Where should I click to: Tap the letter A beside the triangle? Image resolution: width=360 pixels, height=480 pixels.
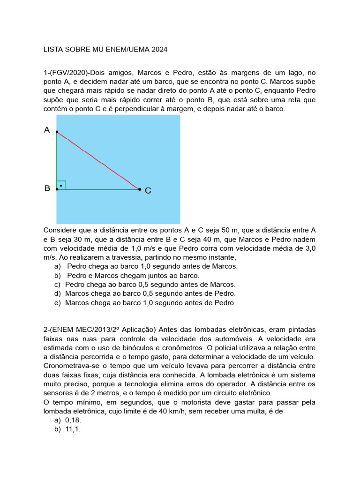tap(47, 130)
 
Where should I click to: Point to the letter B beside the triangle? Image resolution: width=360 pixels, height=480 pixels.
tap(47, 188)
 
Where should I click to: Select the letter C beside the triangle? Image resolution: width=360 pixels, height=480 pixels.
tap(148, 191)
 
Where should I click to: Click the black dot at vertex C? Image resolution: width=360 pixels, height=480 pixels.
tap(140, 189)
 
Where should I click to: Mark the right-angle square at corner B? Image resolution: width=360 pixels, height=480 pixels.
tap(61, 185)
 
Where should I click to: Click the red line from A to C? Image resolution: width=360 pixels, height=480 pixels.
tap(98, 160)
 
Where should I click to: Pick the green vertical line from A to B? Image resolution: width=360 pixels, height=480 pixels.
tap(57, 159)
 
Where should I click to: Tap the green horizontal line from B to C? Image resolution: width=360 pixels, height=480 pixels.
tap(98, 189)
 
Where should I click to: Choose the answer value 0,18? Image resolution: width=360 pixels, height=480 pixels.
tap(74, 420)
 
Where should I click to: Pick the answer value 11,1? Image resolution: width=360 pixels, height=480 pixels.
tap(74, 429)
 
